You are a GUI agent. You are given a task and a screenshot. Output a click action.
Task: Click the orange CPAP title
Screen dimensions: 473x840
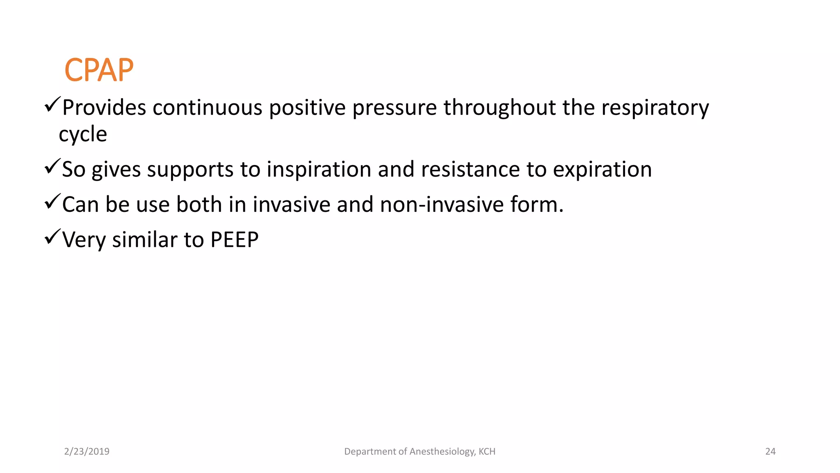pyautogui.click(x=99, y=70)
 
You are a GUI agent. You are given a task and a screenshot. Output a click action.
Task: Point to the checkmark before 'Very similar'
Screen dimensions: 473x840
pyautogui.click(x=52, y=236)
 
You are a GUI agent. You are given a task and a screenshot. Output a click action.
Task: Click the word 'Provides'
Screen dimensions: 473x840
pyautogui.click(x=104, y=108)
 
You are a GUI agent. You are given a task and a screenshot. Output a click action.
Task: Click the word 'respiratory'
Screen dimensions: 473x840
pyautogui.click(x=655, y=108)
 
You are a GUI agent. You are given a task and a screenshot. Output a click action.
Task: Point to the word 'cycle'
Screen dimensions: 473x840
pyautogui.click(x=83, y=134)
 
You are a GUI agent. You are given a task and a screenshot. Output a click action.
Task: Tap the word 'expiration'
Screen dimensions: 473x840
pyautogui.click(x=602, y=169)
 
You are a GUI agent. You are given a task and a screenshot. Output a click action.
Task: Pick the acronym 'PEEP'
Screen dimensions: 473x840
pyautogui.click(x=234, y=240)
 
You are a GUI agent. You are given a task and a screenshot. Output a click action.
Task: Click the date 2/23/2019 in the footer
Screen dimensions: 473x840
pyautogui.click(x=87, y=452)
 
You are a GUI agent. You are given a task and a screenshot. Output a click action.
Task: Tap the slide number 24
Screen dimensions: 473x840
pyautogui.click(x=770, y=452)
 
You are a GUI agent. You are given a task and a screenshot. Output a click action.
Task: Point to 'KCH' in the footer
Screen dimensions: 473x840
pyautogui.click(x=487, y=452)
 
